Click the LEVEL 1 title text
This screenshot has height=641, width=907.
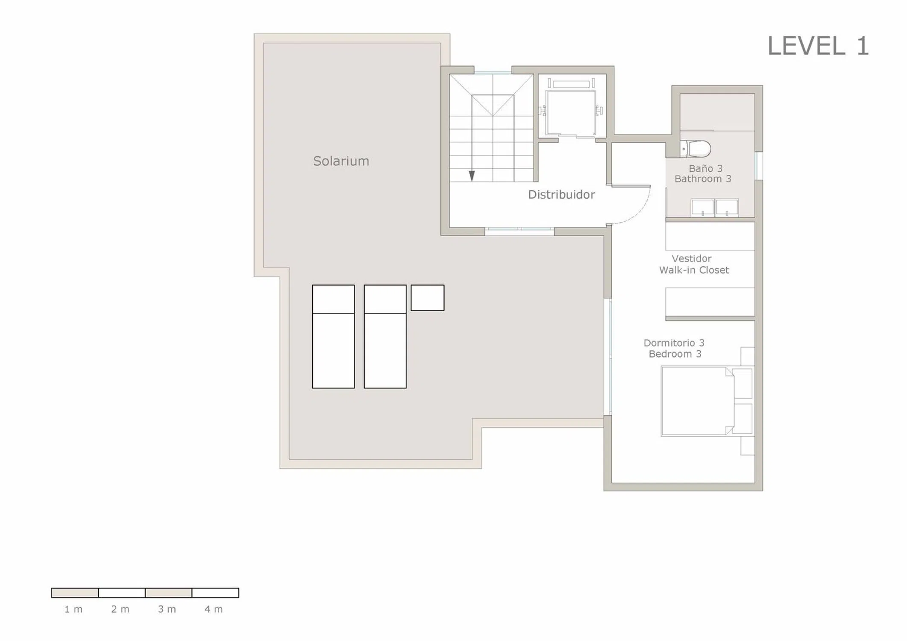click(x=818, y=46)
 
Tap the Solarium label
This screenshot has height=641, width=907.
click(x=341, y=161)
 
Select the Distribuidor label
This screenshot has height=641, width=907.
click(x=561, y=195)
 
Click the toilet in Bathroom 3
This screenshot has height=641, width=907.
click(x=695, y=149)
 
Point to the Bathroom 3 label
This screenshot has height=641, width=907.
click(x=703, y=179)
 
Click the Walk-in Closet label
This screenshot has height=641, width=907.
click(x=694, y=270)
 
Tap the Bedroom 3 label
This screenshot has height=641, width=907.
click(x=675, y=354)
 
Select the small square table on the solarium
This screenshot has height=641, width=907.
click(x=427, y=298)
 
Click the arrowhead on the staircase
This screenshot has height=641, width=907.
click(x=472, y=176)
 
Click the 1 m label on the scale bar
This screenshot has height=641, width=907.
click(x=73, y=609)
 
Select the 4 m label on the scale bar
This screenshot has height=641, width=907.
click(x=214, y=609)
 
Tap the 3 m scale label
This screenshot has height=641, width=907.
click(x=167, y=609)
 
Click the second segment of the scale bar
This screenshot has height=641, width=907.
click(x=122, y=593)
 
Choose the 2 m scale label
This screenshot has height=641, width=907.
click(x=120, y=609)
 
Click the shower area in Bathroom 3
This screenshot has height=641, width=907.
click(x=717, y=112)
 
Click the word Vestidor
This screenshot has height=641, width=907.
click(x=691, y=259)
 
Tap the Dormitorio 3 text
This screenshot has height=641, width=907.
click(x=674, y=343)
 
